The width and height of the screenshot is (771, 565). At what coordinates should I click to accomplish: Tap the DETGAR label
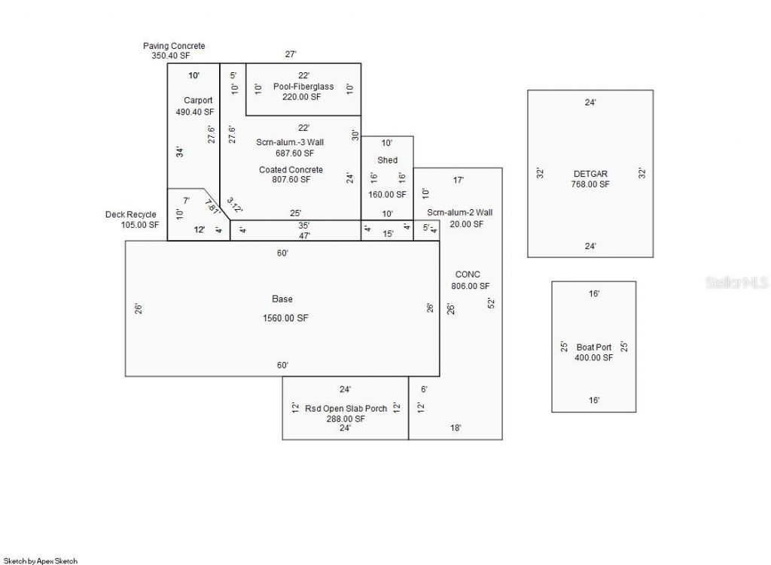[590, 174]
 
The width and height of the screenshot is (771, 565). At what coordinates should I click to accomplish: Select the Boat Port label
[593, 347]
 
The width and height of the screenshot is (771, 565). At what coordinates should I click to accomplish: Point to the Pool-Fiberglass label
[303, 87]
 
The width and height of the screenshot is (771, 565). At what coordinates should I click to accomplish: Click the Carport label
[198, 100]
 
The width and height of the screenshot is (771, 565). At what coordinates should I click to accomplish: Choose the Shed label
[387, 160]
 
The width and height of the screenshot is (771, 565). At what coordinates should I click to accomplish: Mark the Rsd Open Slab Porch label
[346, 409]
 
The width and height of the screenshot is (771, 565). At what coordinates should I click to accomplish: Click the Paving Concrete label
[174, 46]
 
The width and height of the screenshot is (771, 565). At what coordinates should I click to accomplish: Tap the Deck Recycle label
[131, 214]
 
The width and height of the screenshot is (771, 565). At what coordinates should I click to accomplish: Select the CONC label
[468, 275]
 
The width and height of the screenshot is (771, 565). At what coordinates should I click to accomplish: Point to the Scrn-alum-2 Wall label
[459, 213]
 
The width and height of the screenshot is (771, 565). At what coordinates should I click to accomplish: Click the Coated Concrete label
[291, 169]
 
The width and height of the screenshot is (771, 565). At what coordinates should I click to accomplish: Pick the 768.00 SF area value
[590, 184]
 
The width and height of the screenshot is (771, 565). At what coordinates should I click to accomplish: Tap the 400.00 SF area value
[593, 357]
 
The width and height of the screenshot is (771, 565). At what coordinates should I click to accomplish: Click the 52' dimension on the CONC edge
[491, 303]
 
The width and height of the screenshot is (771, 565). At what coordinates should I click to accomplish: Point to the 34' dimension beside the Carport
[179, 152]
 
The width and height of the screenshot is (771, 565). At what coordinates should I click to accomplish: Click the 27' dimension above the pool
[291, 54]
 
